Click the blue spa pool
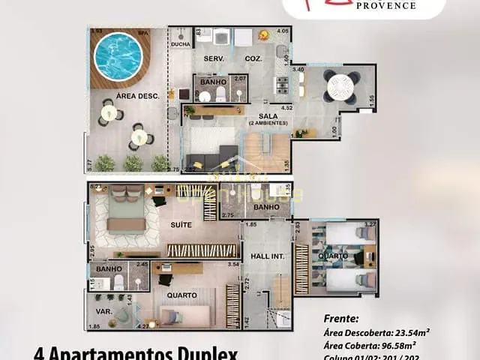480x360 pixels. click(x=118, y=56)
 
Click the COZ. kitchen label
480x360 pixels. click(x=253, y=58)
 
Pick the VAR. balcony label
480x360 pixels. click(x=103, y=310)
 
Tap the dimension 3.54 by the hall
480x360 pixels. click(x=232, y=264)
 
